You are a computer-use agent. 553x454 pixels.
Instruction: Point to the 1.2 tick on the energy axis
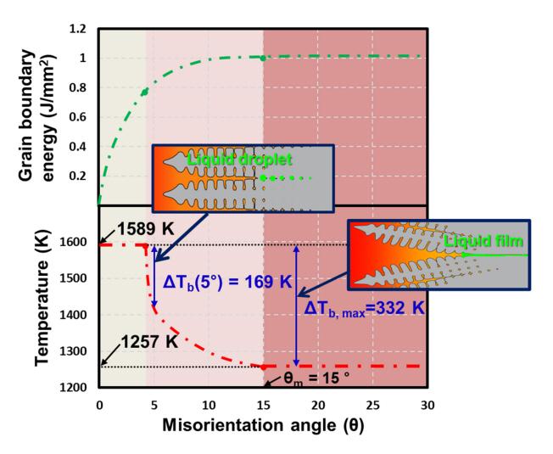pyautogui.click(x=78, y=29)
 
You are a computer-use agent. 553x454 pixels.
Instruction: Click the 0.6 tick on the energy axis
pyautogui.click(x=78, y=117)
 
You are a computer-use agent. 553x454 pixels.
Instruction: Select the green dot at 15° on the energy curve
pyautogui.click(x=263, y=58)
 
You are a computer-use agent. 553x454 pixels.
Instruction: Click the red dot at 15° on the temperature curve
pyautogui.click(x=263, y=367)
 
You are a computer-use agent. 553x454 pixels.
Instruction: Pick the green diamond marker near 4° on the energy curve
pyautogui.click(x=145, y=91)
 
